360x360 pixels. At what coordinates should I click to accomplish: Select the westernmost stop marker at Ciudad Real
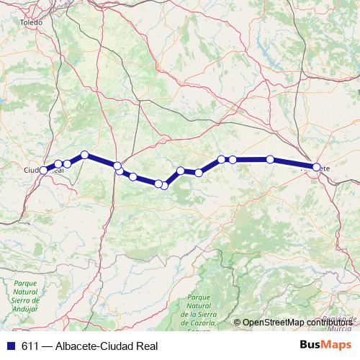tap(44, 170)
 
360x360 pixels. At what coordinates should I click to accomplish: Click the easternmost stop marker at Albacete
tap(316, 167)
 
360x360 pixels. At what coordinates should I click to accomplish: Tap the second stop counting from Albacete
tap(270, 159)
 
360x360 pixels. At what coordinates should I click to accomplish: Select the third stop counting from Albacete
tap(233, 159)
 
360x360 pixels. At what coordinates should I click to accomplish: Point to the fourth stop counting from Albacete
tap(222, 159)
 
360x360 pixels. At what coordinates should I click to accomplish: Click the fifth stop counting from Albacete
tap(199, 173)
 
